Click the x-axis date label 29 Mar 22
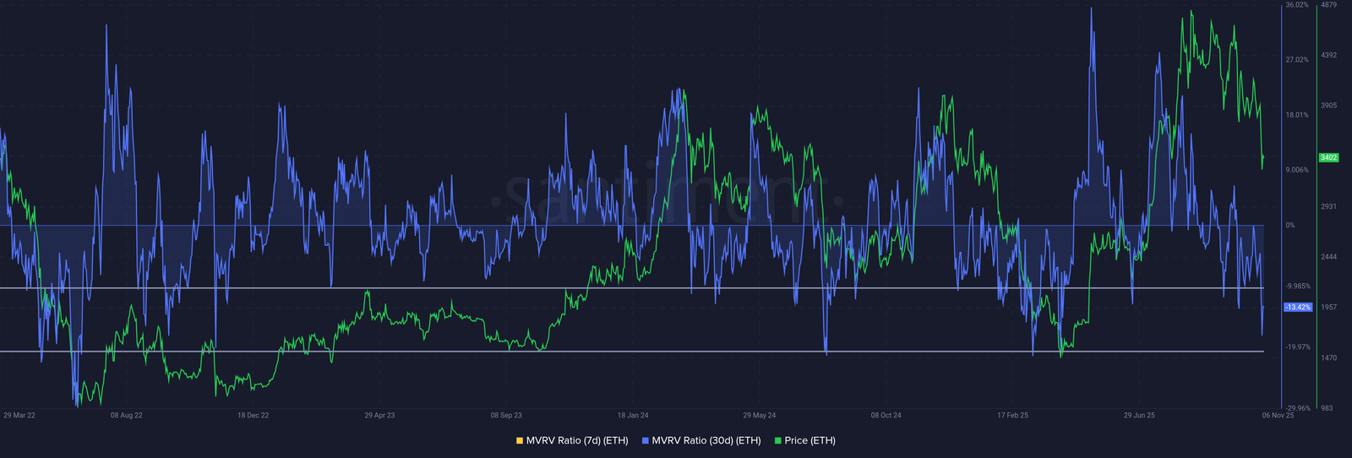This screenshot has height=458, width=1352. click(x=19, y=416)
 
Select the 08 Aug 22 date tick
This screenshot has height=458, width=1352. click(x=127, y=416)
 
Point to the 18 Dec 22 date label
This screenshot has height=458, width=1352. click(x=253, y=416)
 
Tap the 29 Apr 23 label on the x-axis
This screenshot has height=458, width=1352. click(x=379, y=416)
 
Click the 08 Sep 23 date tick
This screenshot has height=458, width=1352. click(x=506, y=416)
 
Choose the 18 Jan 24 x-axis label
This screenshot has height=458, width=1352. click(x=633, y=416)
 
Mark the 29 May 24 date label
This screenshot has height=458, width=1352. click(x=760, y=416)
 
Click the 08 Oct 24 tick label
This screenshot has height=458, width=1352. click(x=886, y=416)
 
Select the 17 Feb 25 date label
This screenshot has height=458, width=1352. click(x=1012, y=416)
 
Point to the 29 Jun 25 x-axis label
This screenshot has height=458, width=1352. click(x=1139, y=416)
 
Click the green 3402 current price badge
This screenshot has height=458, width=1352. click(x=1328, y=158)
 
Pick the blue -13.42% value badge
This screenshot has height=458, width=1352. click(x=1297, y=308)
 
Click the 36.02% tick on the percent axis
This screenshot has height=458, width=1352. click(x=1296, y=5)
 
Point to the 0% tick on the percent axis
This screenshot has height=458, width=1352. click(x=1290, y=226)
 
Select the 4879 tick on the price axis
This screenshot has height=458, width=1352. click(x=1328, y=5)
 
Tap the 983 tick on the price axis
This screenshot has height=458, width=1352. click(x=1327, y=408)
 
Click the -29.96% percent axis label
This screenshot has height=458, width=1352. click(x=1298, y=408)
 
